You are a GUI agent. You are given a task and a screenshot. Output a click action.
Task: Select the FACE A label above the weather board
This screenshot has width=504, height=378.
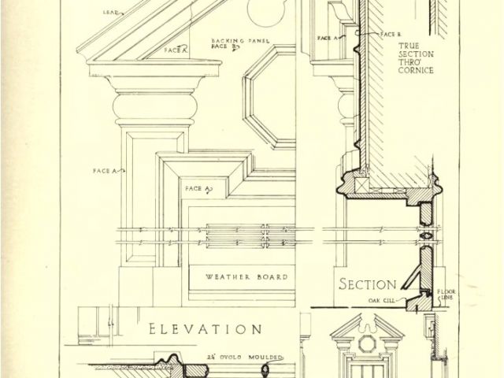196,190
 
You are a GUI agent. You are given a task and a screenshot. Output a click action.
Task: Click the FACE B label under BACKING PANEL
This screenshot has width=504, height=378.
220,46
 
